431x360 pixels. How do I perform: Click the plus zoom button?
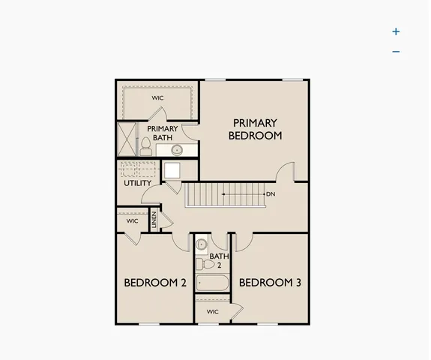click(396, 31)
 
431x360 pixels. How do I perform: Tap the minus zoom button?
click(396, 52)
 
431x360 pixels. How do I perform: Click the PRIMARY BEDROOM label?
click(255, 129)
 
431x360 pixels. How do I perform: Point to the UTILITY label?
click(137, 183)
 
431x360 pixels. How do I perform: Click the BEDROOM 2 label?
click(154, 283)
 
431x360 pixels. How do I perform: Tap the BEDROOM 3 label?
click(270, 283)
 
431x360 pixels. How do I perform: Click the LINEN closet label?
click(154, 221)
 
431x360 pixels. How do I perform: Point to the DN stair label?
click(271, 194)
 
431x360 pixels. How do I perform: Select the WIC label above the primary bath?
click(157, 97)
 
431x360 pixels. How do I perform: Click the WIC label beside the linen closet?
click(132, 221)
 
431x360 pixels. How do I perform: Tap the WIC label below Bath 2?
click(212, 311)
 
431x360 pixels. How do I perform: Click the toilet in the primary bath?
click(145, 145)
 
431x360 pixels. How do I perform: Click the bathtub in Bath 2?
click(212, 284)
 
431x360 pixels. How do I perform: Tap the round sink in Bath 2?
click(202, 244)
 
